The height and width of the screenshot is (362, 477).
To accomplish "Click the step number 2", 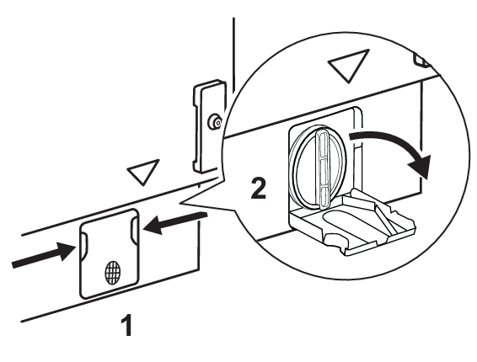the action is tap(258, 188).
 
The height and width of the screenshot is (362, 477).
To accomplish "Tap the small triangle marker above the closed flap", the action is tap(143, 172).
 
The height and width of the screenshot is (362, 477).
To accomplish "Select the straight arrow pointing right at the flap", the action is tap(44, 256).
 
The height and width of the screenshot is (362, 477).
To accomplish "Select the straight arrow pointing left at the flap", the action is tap(175, 223).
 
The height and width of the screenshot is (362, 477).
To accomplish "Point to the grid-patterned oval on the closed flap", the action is tap(113, 272).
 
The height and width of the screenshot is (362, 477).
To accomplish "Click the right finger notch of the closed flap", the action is tap(134, 230).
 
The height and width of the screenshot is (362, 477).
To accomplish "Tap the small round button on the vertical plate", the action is tap(215, 122).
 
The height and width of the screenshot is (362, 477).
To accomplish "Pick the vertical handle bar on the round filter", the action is tap(323, 169).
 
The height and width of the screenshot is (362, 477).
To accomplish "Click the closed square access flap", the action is tap(110, 253).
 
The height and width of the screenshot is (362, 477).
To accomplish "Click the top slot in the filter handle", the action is tap(323, 143).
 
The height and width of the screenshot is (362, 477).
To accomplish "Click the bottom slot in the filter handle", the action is tap(324, 195).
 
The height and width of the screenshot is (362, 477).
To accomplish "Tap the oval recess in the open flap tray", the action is tap(347, 222).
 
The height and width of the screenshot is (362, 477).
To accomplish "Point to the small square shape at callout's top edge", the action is tap(421, 60).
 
